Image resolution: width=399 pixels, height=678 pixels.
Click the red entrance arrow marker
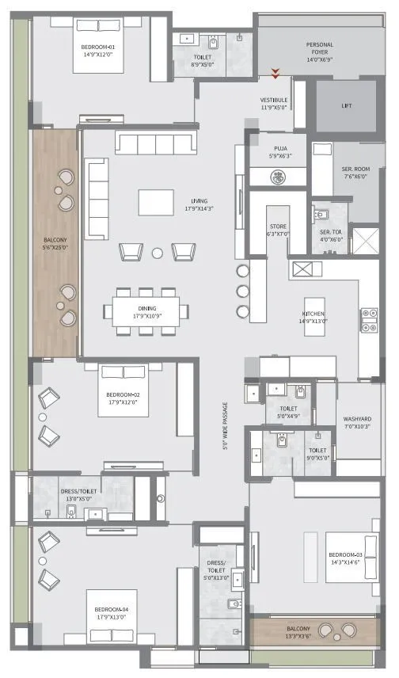pos(275,74)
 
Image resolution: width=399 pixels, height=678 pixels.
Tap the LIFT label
pos(347,105)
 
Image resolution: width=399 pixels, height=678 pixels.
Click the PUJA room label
pos(280,148)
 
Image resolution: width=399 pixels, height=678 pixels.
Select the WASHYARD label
pos(357,419)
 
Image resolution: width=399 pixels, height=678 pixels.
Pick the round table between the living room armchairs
pos(158,253)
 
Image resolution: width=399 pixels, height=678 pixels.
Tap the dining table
pos(146,308)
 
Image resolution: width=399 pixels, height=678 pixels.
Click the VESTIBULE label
pos(274,100)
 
